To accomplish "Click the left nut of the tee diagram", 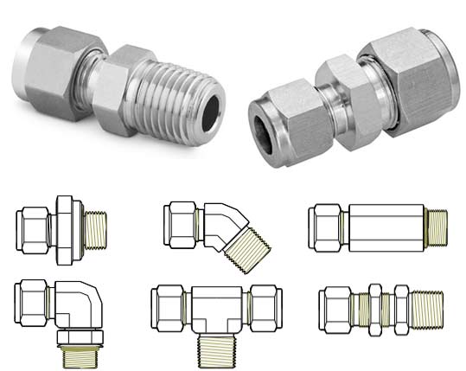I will click(165, 304).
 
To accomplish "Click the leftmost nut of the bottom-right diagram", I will click(334, 306).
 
